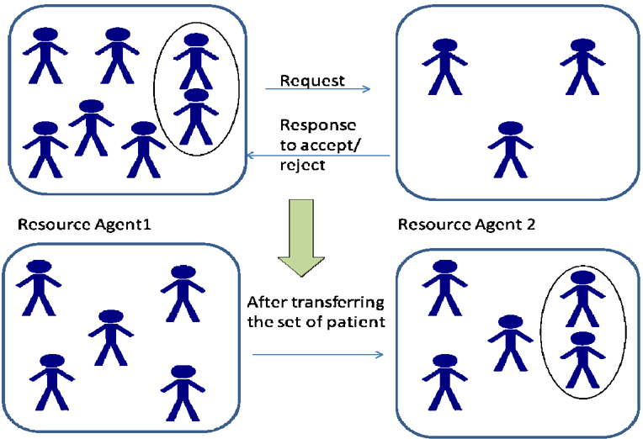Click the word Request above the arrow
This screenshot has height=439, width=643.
[312, 81]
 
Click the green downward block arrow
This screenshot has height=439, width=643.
[301, 238]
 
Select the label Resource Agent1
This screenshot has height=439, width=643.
[84, 225]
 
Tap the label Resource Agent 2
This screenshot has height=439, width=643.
[466, 225]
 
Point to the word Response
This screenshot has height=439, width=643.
[318, 125]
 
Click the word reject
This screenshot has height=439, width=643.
[303, 165]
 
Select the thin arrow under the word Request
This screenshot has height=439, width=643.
[318, 88]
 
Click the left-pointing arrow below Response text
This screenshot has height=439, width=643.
[318, 156]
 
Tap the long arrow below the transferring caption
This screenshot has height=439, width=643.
[318, 355]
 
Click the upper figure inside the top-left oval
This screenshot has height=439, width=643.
[196, 61]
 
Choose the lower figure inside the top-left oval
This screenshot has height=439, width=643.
[196, 116]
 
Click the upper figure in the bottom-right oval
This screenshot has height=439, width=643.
[582, 299]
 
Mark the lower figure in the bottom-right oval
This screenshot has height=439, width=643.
[582, 360]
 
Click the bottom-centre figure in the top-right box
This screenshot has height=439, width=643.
[511, 150]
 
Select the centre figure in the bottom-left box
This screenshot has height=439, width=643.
[111, 338]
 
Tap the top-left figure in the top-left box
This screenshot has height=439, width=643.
[45, 56]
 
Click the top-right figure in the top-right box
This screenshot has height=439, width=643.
[582, 66]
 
